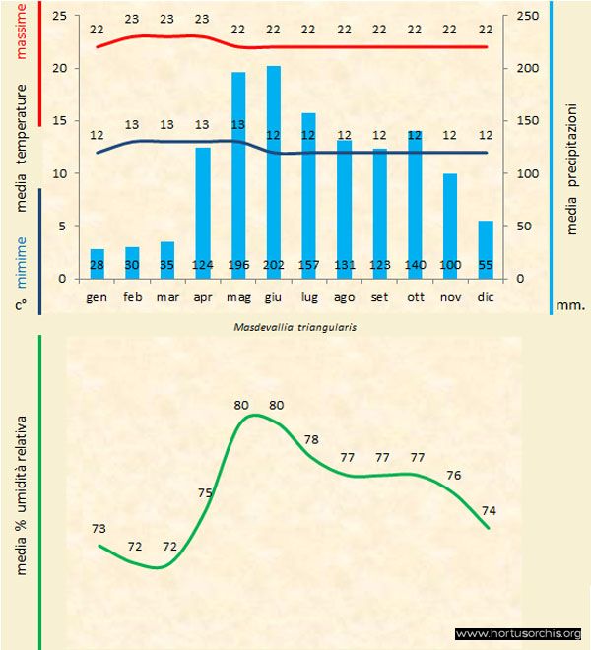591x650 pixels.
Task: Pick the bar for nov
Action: pos(450,226)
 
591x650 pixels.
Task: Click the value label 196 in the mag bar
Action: pos(238,266)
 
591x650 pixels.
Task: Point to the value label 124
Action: pos(203,266)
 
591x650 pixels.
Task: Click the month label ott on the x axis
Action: pos(415,295)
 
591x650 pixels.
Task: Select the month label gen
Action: pos(97,295)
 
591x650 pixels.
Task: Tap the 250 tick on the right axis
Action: pos(528,17)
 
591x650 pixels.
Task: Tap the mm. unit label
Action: pos(571,305)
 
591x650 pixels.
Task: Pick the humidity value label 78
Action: pos(312,439)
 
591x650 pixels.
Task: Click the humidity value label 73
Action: pos(98,529)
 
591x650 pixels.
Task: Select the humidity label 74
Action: pos(490,510)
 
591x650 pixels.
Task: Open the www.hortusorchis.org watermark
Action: pos(519,633)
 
